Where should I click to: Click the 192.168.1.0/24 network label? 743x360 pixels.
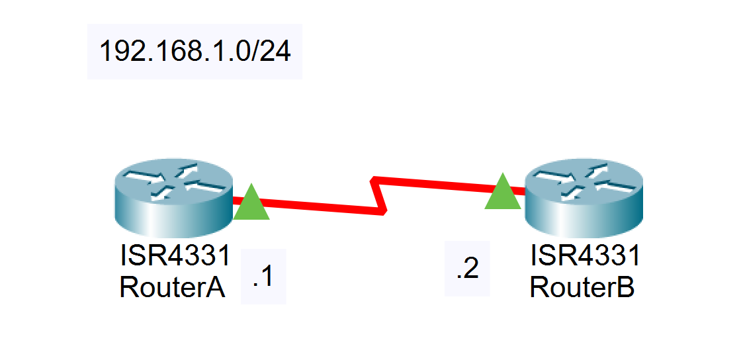(x=195, y=52)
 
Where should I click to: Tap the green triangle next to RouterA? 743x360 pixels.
(x=251, y=203)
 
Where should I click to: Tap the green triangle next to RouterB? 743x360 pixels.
(x=503, y=193)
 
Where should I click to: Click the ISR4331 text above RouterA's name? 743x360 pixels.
(x=175, y=255)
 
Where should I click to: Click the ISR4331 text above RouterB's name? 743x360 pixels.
(x=585, y=255)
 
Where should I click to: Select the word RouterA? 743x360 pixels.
(x=172, y=287)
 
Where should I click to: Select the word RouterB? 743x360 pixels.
(x=582, y=287)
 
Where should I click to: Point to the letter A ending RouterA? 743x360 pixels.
(x=216, y=287)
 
